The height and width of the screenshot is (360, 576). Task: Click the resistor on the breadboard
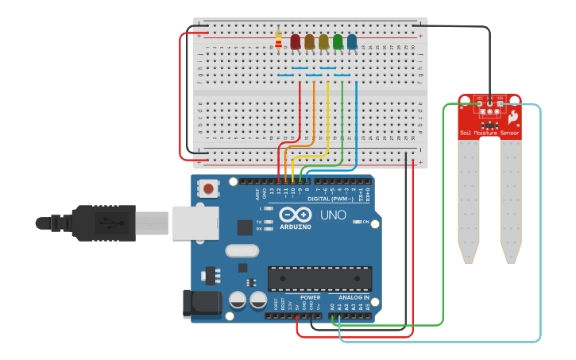click(278, 40)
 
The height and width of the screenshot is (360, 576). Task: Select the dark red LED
click(296, 41)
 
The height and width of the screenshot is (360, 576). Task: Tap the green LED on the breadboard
click(338, 41)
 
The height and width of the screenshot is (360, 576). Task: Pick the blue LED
click(352, 41)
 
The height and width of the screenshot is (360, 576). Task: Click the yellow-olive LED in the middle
click(323, 41)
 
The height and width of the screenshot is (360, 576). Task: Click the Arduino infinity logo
click(296, 215)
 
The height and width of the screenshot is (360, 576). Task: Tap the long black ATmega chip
click(319, 279)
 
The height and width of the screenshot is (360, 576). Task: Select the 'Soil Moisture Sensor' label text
click(489, 133)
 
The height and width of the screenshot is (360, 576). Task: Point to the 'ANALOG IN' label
click(351, 297)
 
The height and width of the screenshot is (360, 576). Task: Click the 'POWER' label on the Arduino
click(311, 297)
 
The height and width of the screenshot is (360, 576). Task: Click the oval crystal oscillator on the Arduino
click(242, 251)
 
